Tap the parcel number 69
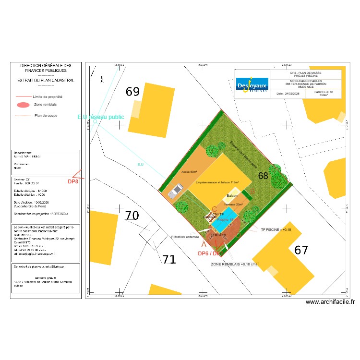point(132,92)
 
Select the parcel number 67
point(301,250)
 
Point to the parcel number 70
point(132,216)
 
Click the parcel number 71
point(168,260)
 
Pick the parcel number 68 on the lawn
point(263,176)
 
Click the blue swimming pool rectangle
point(224,221)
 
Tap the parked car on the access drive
point(174,191)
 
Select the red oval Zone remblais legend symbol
point(23,105)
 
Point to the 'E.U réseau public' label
point(101,117)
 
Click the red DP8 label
point(72,182)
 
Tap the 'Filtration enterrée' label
point(185,237)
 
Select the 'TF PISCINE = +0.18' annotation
point(276,230)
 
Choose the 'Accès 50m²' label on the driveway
point(190,171)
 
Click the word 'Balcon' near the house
point(232,196)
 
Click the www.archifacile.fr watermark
point(330,302)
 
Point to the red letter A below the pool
point(204,244)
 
